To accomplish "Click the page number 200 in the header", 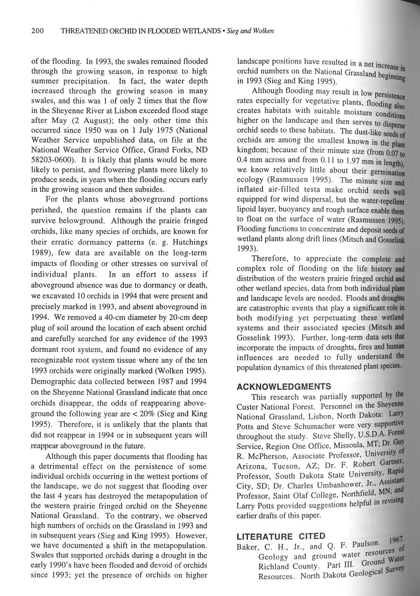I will click(38, 31).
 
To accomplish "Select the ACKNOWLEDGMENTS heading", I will click(284, 386).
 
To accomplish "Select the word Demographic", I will click(55, 381).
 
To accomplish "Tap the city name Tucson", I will click(278, 466).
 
